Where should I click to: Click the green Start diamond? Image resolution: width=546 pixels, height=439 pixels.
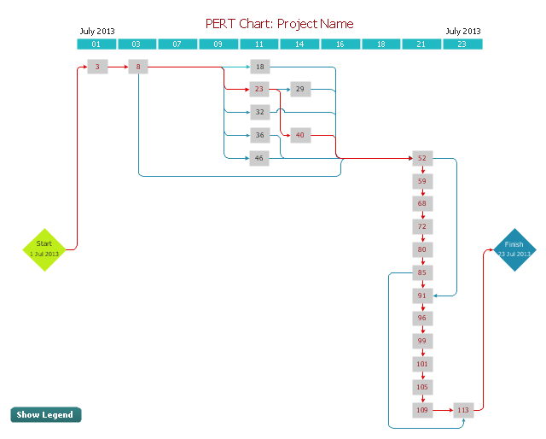click(x=44, y=249)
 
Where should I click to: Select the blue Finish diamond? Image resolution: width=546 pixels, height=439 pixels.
click(x=514, y=249)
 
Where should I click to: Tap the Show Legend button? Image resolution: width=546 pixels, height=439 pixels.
click(x=46, y=414)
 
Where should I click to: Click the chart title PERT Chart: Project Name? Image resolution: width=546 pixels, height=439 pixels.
click(x=280, y=24)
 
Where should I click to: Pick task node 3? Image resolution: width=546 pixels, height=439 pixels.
click(x=97, y=67)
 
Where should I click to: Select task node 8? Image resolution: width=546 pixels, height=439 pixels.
click(x=138, y=67)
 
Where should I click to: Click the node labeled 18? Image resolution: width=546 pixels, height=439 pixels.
click(x=259, y=67)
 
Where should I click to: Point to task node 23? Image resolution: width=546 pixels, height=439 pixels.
click(x=259, y=89)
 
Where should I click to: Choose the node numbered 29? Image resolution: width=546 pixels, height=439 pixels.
click(x=300, y=89)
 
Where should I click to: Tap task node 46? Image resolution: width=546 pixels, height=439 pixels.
click(x=259, y=158)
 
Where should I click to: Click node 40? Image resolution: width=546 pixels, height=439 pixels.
click(x=300, y=135)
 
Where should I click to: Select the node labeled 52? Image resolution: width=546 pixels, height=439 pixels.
click(x=422, y=158)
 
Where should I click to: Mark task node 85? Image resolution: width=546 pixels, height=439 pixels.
click(x=422, y=272)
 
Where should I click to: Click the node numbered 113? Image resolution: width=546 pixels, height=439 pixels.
click(x=463, y=410)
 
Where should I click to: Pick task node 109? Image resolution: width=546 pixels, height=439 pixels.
click(x=422, y=410)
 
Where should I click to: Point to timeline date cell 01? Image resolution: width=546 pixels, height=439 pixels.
click(x=97, y=44)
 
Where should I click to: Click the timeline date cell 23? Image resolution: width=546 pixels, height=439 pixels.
click(x=462, y=44)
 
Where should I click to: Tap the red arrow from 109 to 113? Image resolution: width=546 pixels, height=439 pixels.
click(x=443, y=410)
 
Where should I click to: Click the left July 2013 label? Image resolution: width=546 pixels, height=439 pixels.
click(x=97, y=32)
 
